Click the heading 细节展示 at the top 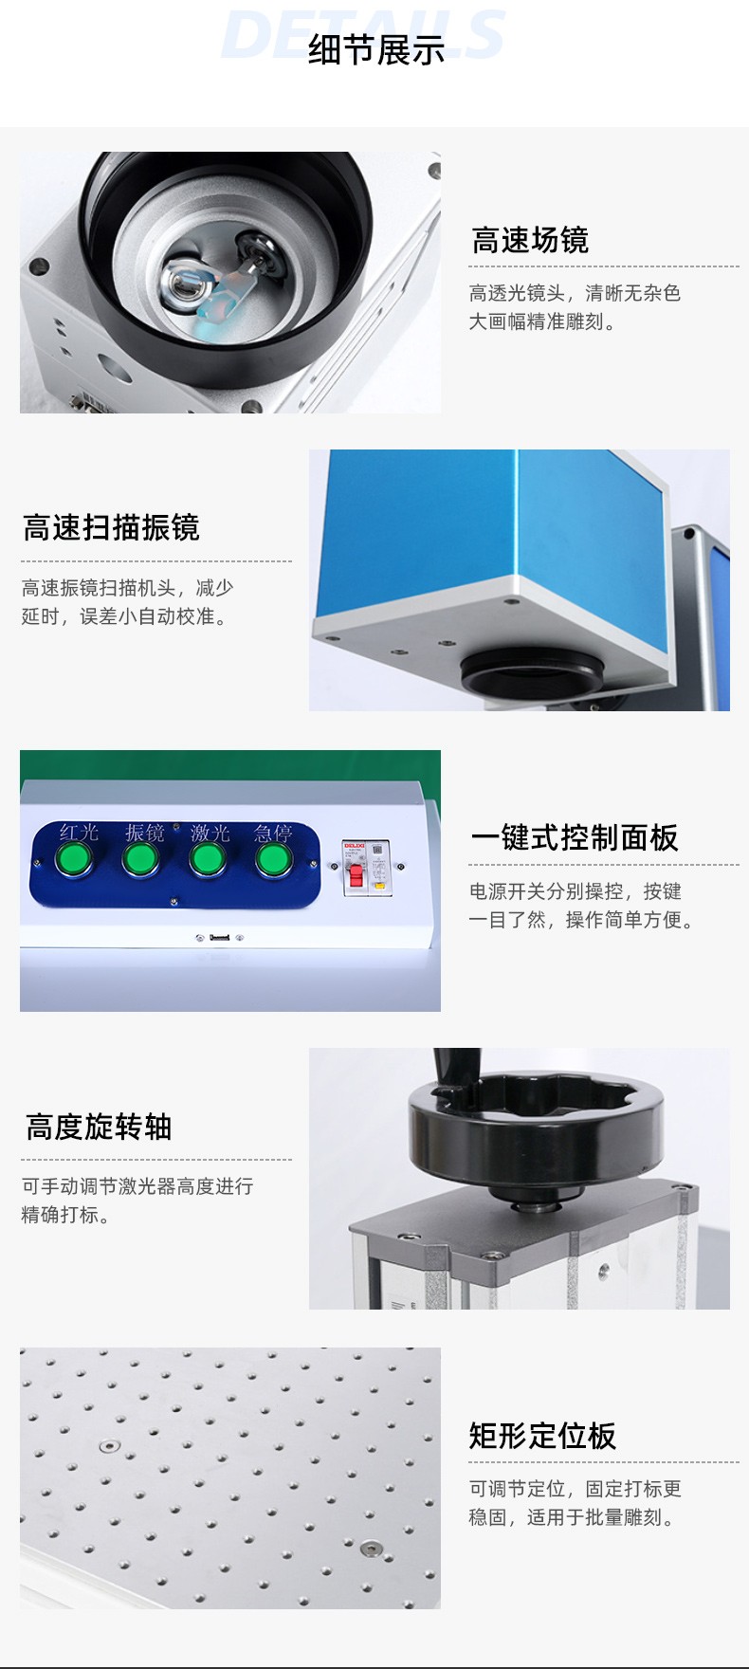pyautogui.click(x=376, y=50)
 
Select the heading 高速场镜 pyautogui.click(x=530, y=241)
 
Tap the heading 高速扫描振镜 pyautogui.click(x=111, y=527)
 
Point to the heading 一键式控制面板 pyautogui.click(x=575, y=837)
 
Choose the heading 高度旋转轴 pyautogui.click(x=99, y=1127)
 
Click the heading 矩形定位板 pyautogui.click(x=542, y=1436)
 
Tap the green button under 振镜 pyautogui.click(x=140, y=859)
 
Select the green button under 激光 pyautogui.click(x=207, y=859)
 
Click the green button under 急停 pyautogui.click(x=273, y=859)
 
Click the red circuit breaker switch pyautogui.click(x=356, y=876)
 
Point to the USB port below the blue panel pyautogui.click(x=219, y=938)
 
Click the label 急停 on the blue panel pyautogui.click(x=273, y=833)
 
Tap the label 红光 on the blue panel pyautogui.click(x=79, y=833)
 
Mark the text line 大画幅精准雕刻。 pyautogui.click(x=543, y=321)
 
